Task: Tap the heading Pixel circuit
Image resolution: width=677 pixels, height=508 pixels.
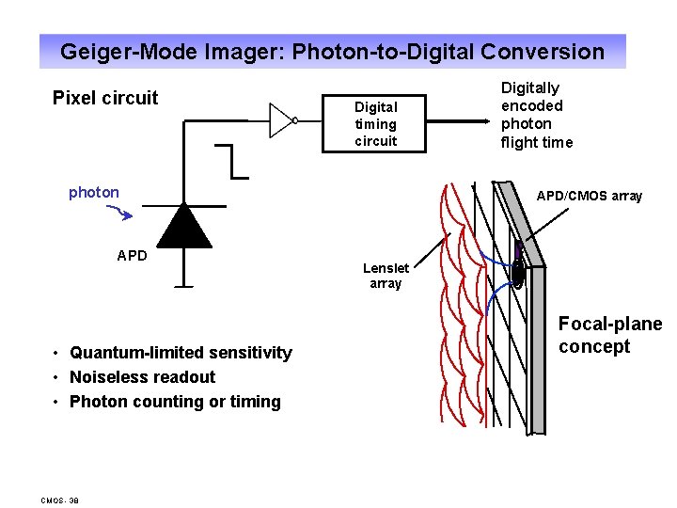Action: pyautogui.click(x=105, y=98)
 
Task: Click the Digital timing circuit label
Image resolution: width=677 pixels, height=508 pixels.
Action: pyautogui.click(x=376, y=124)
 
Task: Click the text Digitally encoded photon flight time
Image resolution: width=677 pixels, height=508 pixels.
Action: pyautogui.click(x=536, y=115)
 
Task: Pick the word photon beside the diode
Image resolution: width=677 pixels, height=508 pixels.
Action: pyautogui.click(x=94, y=193)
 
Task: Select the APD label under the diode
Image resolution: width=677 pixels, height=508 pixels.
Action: pyautogui.click(x=132, y=255)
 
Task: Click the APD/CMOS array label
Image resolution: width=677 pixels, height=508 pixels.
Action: pyautogui.click(x=590, y=197)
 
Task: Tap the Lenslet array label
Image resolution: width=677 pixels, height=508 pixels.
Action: pyautogui.click(x=386, y=276)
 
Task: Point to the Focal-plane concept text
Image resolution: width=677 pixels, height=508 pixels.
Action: pyautogui.click(x=609, y=336)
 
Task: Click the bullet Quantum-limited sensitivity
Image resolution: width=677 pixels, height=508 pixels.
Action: pyautogui.click(x=181, y=353)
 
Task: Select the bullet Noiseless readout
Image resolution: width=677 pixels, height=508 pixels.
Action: pyautogui.click(x=142, y=377)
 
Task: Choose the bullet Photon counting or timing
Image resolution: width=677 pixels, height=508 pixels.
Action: pyautogui.click(x=175, y=402)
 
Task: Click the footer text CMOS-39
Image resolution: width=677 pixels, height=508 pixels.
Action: pyautogui.click(x=60, y=500)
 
